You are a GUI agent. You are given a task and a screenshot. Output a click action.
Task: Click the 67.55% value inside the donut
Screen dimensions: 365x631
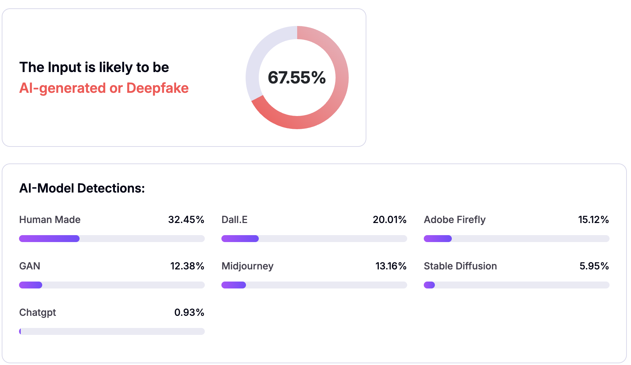pyautogui.click(x=297, y=78)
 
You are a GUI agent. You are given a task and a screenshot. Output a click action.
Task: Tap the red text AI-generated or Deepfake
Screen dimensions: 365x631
pyautogui.click(x=104, y=88)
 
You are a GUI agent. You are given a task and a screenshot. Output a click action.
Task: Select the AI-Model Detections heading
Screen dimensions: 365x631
pyautogui.click(x=82, y=188)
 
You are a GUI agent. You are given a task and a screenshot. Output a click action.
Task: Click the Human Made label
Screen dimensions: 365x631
pyautogui.click(x=50, y=220)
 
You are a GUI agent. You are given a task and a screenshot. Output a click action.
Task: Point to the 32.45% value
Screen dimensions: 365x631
pyautogui.click(x=186, y=220)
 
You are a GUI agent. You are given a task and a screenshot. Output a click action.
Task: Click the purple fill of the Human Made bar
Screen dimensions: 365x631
pyautogui.click(x=49, y=239)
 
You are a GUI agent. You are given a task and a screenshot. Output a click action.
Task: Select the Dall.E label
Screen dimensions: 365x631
pyautogui.click(x=235, y=220)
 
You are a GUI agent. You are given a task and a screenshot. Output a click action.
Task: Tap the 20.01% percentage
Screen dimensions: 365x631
pyautogui.click(x=390, y=220)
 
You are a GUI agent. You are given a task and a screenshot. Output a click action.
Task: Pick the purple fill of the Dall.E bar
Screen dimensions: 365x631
pyautogui.click(x=240, y=239)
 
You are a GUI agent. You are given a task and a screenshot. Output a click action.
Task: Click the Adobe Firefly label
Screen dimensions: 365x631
pyautogui.click(x=455, y=220)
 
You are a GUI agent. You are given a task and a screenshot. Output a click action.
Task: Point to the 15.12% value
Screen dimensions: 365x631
pyautogui.click(x=593, y=220)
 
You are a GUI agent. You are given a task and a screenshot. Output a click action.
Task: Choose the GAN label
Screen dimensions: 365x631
pyautogui.click(x=30, y=266)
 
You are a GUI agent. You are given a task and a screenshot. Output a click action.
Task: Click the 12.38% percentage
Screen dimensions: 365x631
pyautogui.click(x=187, y=266)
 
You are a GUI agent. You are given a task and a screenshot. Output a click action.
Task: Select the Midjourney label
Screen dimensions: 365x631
pyautogui.click(x=247, y=266)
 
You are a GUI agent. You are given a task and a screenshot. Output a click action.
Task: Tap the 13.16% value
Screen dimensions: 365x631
pyautogui.click(x=391, y=266)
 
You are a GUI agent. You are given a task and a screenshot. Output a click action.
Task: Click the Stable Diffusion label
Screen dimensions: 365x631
pyautogui.click(x=460, y=266)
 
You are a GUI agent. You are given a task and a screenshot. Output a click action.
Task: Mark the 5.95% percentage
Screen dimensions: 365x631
pyautogui.click(x=594, y=266)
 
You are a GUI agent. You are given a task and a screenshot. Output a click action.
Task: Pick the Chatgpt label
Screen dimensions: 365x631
pyautogui.click(x=37, y=312)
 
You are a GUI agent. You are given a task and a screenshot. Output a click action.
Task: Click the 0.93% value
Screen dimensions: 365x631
pyautogui.click(x=189, y=312)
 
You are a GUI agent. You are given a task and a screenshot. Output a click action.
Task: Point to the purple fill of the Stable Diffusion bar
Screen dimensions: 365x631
pyautogui.click(x=429, y=285)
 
